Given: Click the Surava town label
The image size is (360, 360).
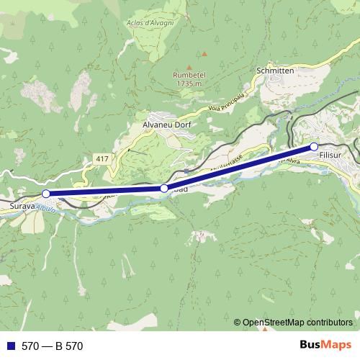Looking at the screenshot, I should click(22, 206).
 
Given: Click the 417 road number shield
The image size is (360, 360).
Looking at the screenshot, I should click(101, 158).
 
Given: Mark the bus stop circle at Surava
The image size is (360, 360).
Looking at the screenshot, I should click(46, 194).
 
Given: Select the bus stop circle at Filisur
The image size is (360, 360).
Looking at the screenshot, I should click(314, 146).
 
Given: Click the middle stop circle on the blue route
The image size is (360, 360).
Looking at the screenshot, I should click(164, 189).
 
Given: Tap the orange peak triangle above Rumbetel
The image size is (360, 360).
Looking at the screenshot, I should click(204, 53).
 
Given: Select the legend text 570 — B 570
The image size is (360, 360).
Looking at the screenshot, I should click(53, 346).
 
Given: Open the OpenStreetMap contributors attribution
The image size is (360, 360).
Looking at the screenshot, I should click(297, 322).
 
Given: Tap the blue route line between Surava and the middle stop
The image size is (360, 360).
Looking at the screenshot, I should click(104, 191).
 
